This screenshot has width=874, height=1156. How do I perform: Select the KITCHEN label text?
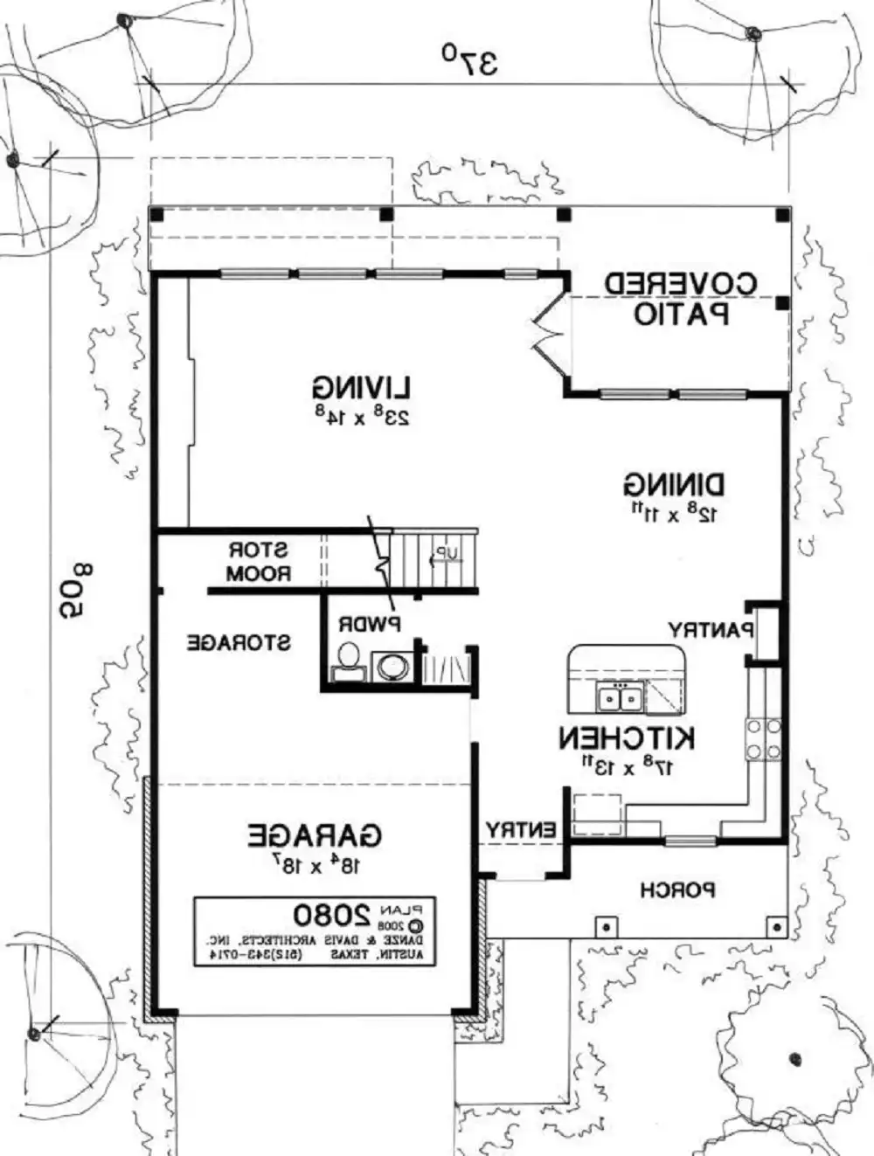click(627, 738)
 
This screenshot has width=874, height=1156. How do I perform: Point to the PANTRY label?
click(710, 629)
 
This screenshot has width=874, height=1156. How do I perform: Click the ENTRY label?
click(521, 830)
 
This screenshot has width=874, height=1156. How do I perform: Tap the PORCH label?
click(677, 890)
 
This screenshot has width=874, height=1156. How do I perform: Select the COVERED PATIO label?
click(682, 298)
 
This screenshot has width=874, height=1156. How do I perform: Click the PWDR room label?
click(369, 625)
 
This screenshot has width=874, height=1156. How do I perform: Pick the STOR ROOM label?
click(258, 563)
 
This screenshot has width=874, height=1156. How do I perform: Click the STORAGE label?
click(239, 643)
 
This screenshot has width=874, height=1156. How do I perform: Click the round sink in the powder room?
click(390, 666)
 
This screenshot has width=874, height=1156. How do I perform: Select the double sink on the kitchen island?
click(620, 698)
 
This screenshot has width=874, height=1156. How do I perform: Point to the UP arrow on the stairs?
click(447, 554)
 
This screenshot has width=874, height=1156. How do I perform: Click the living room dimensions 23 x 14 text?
click(361, 415)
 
